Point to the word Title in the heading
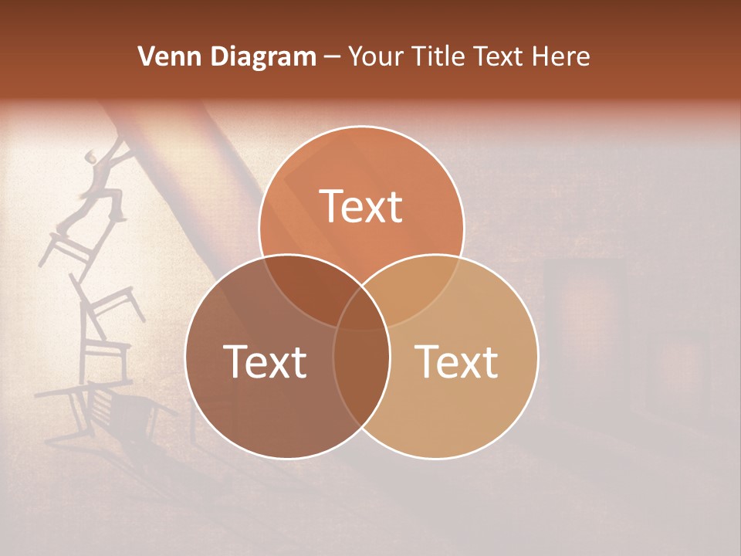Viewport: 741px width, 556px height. [x=441, y=56]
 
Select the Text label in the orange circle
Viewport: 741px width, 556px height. [x=361, y=206]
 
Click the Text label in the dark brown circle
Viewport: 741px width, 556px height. [x=265, y=361]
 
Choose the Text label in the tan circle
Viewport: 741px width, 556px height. [x=456, y=361]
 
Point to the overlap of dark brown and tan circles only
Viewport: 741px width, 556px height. [x=361, y=378]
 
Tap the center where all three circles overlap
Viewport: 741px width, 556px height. [x=361, y=309]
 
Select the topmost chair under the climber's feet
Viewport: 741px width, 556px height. [x=69, y=247]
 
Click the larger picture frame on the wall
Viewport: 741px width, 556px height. [x=584, y=309]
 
